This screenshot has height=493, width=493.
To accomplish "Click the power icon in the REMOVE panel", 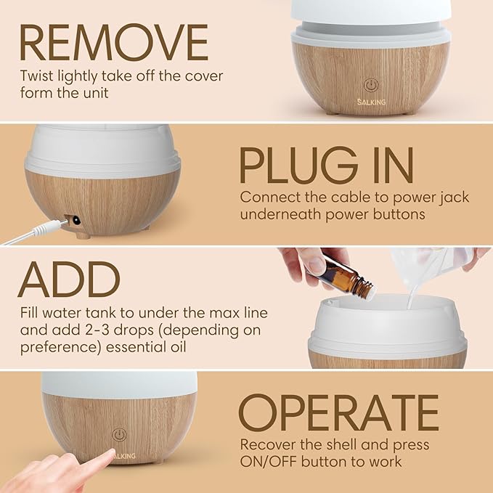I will click(x=370, y=86).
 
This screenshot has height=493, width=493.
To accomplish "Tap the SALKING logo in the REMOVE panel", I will click(x=370, y=102).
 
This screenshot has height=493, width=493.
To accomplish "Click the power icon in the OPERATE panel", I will click(x=119, y=434).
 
